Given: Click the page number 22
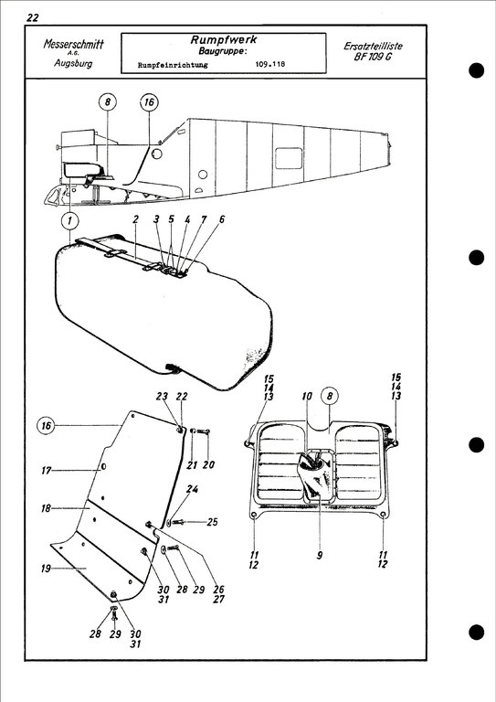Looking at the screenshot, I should click(34, 17).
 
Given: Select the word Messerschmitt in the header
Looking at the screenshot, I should click(73, 45).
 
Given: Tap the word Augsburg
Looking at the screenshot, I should click(73, 64).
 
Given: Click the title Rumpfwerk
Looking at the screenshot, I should click(223, 40).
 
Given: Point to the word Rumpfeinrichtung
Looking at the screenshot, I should click(173, 66).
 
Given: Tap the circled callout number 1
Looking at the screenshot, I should click(71, 220).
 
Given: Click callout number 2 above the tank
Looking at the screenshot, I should click(134, 220).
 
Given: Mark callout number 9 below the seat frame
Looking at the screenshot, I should click(320, 554).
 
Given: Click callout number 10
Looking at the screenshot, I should click(308, 397).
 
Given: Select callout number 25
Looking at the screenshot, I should click(212, 522).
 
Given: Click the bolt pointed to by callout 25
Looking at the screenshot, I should click(179, 522).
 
